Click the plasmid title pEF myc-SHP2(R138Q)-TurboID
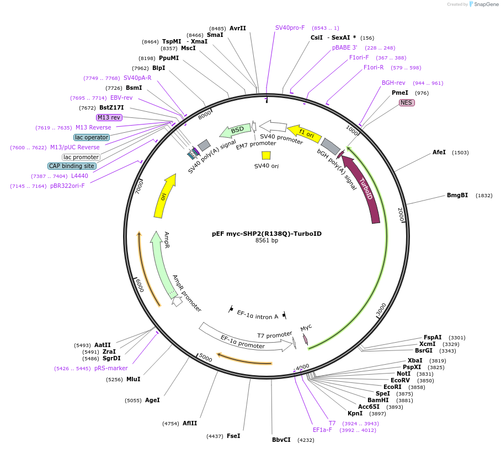(267, 234)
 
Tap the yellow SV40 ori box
(266, 155)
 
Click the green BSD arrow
(235, 131)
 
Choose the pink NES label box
(407, 102)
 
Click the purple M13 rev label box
(109, 117)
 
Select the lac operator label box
(92, 137)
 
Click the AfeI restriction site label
(439, 152)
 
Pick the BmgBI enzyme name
(457, 195)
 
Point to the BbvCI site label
(281, 440)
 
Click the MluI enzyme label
(133, 379)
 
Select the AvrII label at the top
(237, 28)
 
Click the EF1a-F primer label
(322, 430)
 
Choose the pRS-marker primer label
(111, 368)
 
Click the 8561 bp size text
(267, 241)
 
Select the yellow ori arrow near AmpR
(165, 196)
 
